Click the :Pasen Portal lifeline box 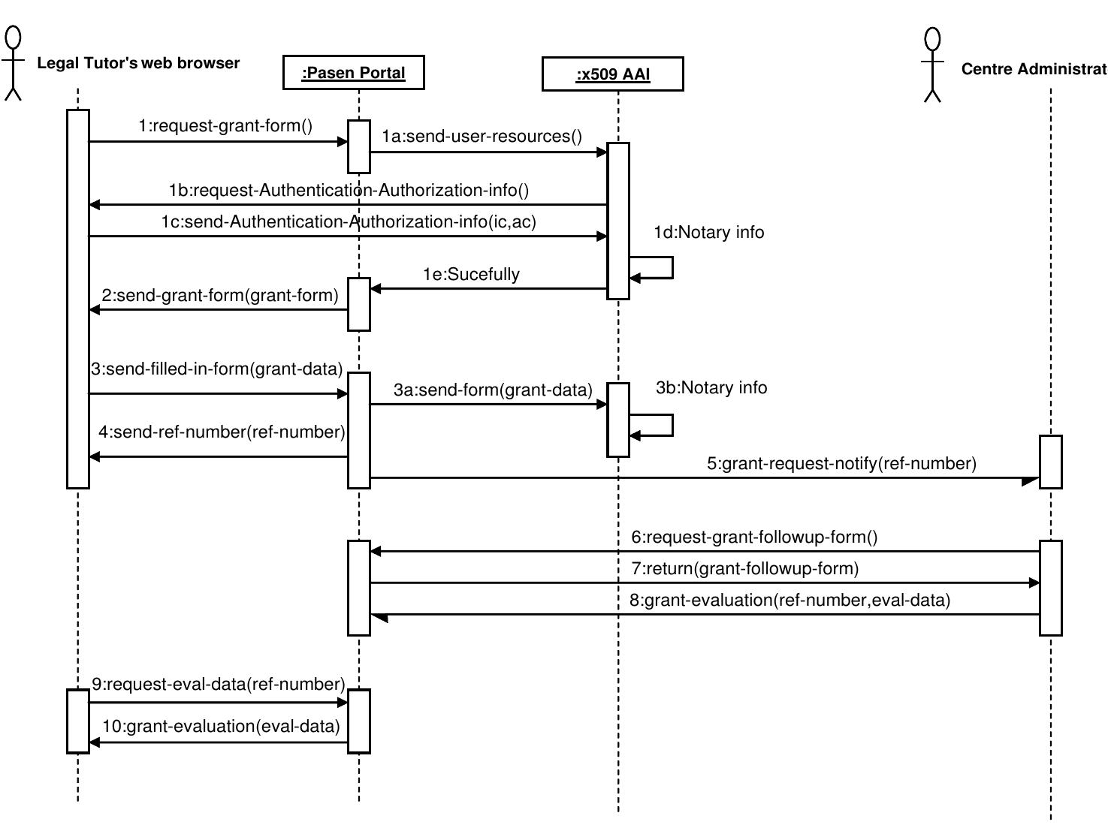(x=353, y=73)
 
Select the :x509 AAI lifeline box (x=612, y=74)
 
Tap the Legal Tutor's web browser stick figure (x=14, y=63)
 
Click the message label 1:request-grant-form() (x=225, y=126)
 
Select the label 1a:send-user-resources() (x=482, y=137)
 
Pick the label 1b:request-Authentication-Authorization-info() (x=349, y=191)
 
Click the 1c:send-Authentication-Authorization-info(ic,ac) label (x=349, y=222)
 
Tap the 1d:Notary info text (x=708, y=233)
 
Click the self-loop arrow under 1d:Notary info (x=661, y=268)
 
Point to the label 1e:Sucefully (x=471, y=275)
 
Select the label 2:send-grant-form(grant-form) (x=220, y=296)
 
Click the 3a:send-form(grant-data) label (x=493, y=390)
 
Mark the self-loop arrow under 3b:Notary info (x=661, y=426)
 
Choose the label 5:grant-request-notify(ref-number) (x=841, y=464)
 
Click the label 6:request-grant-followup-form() (x=753, y=537)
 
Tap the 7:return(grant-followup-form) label (x=744, y=569)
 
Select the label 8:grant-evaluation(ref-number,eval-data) (x=789, y=601)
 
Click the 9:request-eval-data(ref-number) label (x=219, y=685)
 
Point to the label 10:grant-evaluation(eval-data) (x=221, y=727)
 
